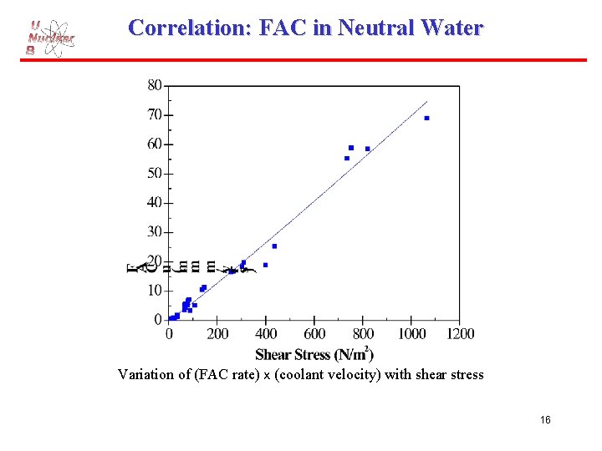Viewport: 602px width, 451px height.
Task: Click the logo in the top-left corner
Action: [49, 38]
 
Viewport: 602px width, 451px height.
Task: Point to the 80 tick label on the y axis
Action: [155, 84]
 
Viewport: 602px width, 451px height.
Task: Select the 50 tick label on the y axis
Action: [155, 174]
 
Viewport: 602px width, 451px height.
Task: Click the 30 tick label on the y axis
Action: [155, 232]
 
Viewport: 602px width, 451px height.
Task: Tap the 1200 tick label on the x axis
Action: [459, 333]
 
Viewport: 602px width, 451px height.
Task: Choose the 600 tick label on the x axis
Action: [314, 333]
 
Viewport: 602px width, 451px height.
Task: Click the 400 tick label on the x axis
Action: [266, 333]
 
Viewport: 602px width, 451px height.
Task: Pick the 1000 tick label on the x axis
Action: [411, 333]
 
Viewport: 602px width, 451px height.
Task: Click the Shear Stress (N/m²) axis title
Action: [314, 354]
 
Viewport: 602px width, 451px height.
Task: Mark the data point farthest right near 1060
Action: [426, 119]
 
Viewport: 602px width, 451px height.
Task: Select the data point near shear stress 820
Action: [367, 149]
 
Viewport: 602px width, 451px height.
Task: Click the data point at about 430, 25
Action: [274, 246]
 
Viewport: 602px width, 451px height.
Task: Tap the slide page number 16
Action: [545, 420]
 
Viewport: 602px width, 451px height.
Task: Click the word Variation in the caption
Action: [145, 374]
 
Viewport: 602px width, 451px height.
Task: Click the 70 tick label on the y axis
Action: [155, 114]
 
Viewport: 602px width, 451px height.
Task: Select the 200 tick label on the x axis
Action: [217, 333]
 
